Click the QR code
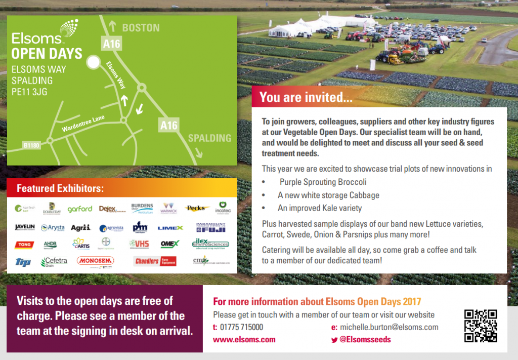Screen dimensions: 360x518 (480, 326)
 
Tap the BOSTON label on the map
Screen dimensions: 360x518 (141, 28)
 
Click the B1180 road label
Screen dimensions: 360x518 (31, 146)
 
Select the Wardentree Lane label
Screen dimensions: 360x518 (83, 123)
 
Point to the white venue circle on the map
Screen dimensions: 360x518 (93, 62)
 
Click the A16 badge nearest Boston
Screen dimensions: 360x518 (111, 44)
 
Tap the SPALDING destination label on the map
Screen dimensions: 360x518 (209, 138)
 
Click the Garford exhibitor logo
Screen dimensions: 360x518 (80, 209)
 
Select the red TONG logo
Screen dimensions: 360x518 (24, 245)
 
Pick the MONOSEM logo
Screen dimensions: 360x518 (95, 261)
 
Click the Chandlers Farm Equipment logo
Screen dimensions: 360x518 (155, 261)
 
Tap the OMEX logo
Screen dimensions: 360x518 (169, 244)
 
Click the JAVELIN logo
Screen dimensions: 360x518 (25, 227)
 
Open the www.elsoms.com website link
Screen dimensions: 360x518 (244, 340)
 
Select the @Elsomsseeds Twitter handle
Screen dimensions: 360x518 (364, 340)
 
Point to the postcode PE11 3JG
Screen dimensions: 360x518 (31, 92)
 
